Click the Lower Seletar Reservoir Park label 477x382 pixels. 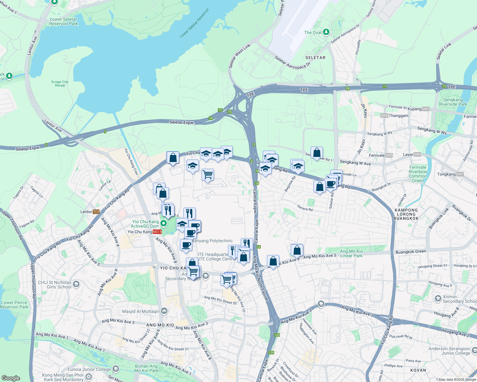pos(63,22)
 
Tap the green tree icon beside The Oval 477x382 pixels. pos(326,32)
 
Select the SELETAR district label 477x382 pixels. pos(315,58)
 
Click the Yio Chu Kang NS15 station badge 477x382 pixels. pos(157,232)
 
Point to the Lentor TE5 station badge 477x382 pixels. pos(96,212)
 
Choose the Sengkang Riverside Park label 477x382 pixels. pos(453,102)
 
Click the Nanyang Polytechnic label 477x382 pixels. pos(212,241)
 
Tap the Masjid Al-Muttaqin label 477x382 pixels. pos(141,311)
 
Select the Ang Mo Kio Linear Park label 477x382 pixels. pos(351,253)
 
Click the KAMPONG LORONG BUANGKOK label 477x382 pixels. pos(406,214)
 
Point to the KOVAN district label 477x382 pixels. pos(418,370)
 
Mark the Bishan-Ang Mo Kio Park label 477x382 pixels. pos(146,368)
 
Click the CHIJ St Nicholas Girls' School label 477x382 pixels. pos(55,285)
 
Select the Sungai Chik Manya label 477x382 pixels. pos(60,83)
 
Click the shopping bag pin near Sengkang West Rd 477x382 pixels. pos(317,152)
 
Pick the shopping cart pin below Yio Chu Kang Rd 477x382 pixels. pos(208,174)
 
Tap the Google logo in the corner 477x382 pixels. pos(11,378)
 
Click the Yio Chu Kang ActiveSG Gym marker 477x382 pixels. pos(164,223)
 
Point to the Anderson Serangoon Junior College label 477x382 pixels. pos(449,351)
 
